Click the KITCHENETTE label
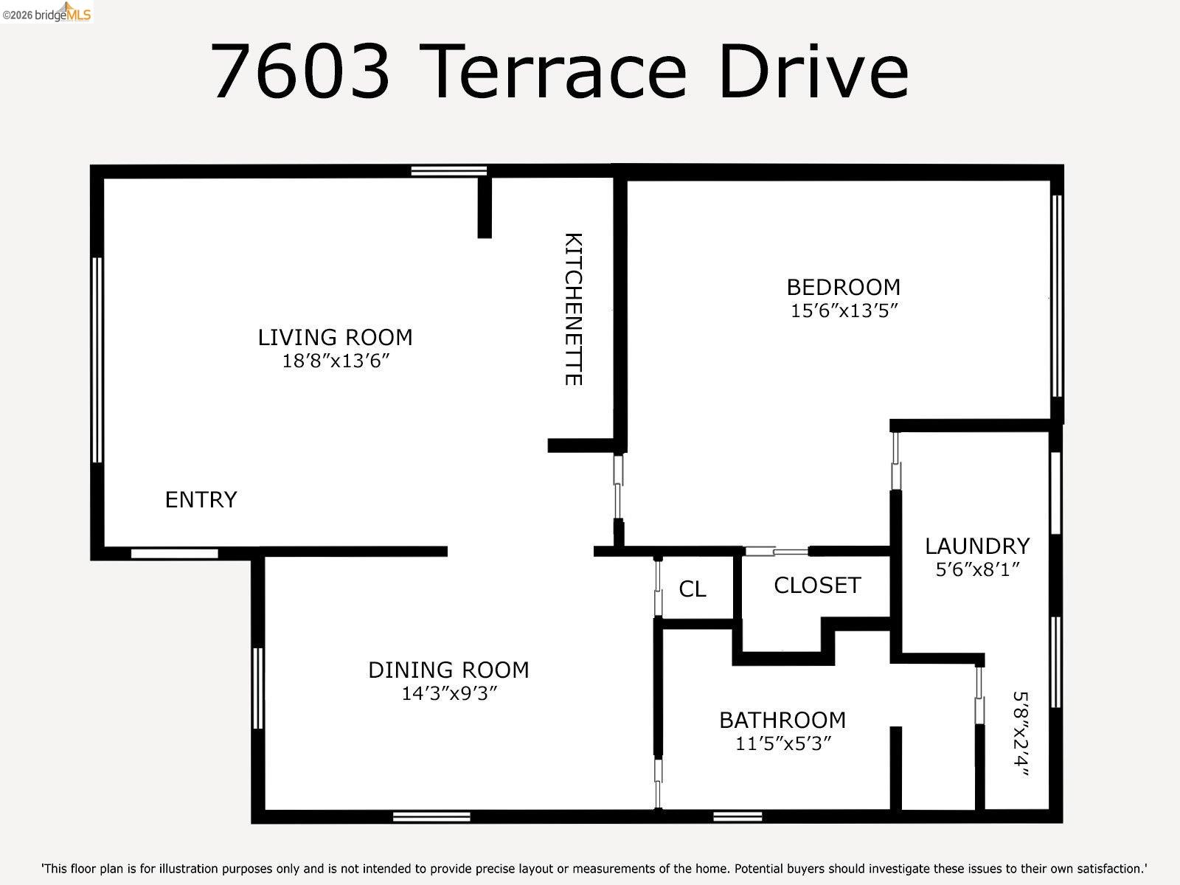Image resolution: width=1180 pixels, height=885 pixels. coord(574,309)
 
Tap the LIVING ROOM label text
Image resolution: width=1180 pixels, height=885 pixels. coord(335,338)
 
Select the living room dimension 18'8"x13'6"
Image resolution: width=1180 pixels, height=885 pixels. coord(335,361)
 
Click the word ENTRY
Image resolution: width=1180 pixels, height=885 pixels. coord(201,500)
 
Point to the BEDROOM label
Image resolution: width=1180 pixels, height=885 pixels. coord(843,287)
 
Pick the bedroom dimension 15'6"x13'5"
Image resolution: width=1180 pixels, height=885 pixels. coord(843,310)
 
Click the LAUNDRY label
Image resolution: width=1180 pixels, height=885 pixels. coord(977,546)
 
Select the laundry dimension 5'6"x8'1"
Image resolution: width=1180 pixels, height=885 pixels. coord(977,570)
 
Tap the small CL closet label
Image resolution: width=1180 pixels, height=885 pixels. coord(692,589)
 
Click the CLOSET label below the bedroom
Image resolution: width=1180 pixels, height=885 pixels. coord(817,586)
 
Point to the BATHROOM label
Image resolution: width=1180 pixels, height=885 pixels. coord(782,720)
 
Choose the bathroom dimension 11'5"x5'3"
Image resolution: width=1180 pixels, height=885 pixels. coord(782,743)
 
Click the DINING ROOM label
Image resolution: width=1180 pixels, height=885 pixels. coord(448,670)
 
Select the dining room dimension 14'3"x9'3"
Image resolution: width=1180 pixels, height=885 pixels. coord(448,694)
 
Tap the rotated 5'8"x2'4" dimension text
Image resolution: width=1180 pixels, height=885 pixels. coord(1020,734)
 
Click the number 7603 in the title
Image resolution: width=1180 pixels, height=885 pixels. coord(300,72)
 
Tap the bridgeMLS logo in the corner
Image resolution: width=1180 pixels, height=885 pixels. coord(47,12)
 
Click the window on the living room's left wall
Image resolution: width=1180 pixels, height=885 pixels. coord(97,360)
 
